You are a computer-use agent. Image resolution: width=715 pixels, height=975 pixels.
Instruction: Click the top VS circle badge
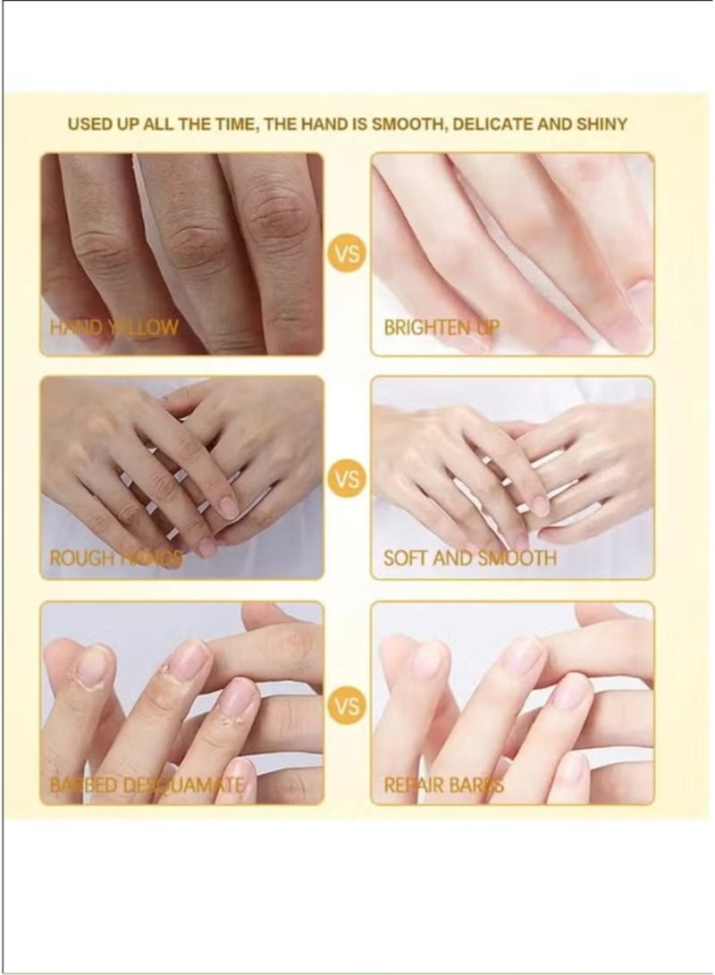click(x=347, y=255)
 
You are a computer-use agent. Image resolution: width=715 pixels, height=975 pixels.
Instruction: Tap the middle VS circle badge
click(x=347, y=480)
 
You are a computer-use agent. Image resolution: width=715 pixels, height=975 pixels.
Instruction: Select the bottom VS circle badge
click(x=347, y=706)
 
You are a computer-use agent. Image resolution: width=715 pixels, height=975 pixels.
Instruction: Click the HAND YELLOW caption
click(x=114, y=327)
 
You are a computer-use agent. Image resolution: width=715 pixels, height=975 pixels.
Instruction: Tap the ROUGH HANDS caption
click(x=115, y=559)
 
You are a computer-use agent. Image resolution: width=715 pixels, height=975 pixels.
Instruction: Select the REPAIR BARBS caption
click(x=443, y=786)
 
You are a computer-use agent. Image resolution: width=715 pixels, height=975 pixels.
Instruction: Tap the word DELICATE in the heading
click(x=492, y=124)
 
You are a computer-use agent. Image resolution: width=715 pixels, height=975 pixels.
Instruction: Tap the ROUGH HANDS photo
click(x=181, y=465)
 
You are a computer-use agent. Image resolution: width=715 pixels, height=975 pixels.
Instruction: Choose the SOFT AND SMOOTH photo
click(x=512, y=465)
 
